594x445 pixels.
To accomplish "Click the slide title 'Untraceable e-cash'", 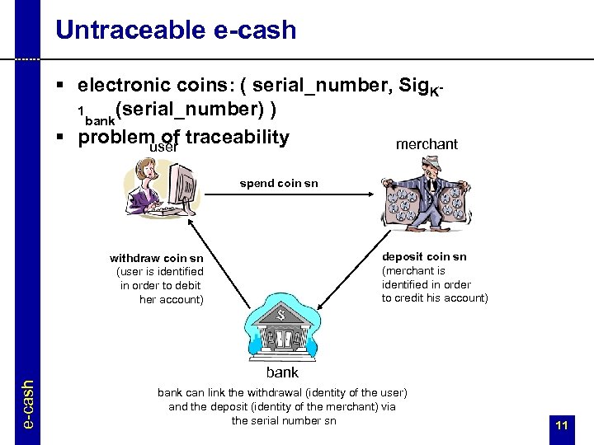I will tap(176, 30).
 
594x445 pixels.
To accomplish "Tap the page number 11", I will tap(562, 425).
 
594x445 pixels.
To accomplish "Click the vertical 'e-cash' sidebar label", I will tap(27, 403).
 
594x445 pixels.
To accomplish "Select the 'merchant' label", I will tap(427, 144).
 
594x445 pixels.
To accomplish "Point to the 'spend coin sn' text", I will tap(279, 183).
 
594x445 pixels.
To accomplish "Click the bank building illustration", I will tap(281, 326).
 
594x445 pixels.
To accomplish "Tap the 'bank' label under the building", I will tap(282, 372).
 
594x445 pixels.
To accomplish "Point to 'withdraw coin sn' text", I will tap(157, 258).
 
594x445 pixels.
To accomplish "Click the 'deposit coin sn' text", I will tap(424, 256).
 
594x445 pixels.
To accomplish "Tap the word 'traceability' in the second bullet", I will tap(238, 138).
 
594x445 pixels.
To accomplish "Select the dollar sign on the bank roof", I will tap(280, 312).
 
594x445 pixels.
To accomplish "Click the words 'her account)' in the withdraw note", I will tap(171, 299).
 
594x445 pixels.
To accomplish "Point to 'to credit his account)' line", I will tap(435, 297).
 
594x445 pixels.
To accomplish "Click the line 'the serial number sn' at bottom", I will tap(283, 420).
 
